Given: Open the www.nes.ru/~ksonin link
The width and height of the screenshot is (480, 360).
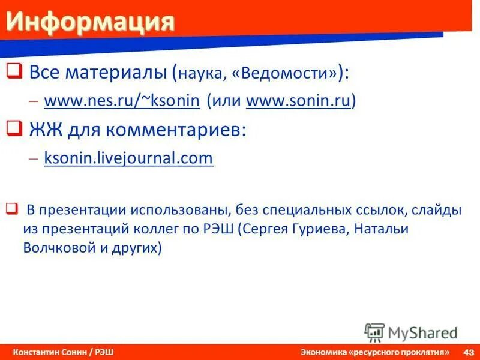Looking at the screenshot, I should click(x=121, y=101).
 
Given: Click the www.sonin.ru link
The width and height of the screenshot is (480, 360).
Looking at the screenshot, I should click(x=299, y=101).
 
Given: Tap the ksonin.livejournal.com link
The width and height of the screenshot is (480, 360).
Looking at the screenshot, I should click(x=128, y=158).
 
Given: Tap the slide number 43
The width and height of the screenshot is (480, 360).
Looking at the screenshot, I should click(x=469, y=352).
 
